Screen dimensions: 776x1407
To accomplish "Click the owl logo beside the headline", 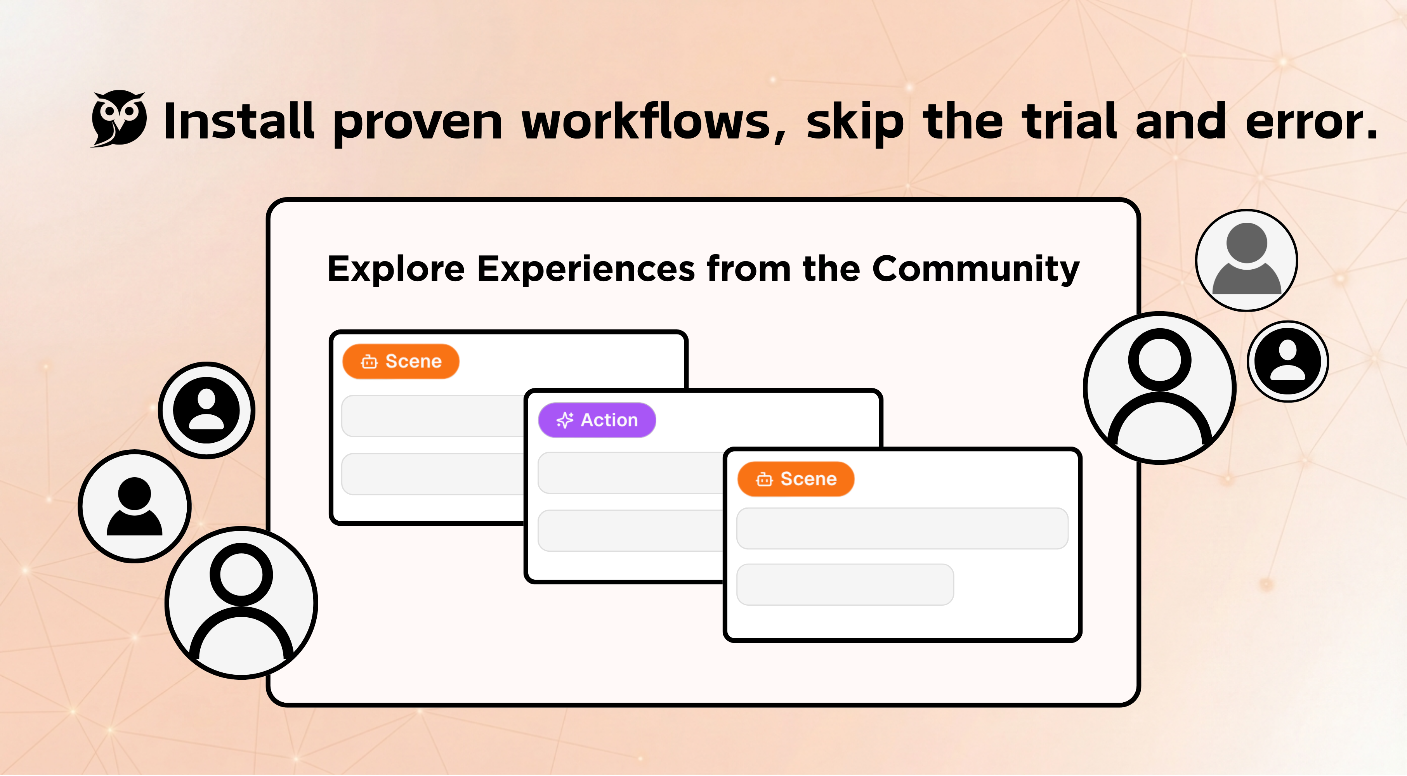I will point(118,118).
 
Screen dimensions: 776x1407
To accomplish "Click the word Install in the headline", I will point(239,121).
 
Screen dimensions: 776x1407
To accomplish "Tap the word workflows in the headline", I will point(653,121).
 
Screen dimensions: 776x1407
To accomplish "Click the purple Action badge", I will point(597,420).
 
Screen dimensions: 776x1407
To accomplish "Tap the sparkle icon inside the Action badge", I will point(565,420).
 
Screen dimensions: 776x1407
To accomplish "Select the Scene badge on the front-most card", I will point(796,479).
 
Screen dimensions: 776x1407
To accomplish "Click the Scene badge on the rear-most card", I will point(401,362).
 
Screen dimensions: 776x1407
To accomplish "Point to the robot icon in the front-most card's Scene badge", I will point(764,480).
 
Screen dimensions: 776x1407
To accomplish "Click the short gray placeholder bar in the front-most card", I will point(845,584).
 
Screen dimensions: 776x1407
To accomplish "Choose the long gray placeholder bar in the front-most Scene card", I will point(902,528).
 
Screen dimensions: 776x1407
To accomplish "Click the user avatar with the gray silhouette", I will point(1246,260).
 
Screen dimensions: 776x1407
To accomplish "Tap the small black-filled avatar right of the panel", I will point(1288,361).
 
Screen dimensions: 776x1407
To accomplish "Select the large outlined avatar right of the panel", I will point(1160,388).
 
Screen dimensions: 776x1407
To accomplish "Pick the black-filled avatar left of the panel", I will point(206,410).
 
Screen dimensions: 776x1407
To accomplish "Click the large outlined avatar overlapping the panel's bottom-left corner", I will point(241,603).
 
